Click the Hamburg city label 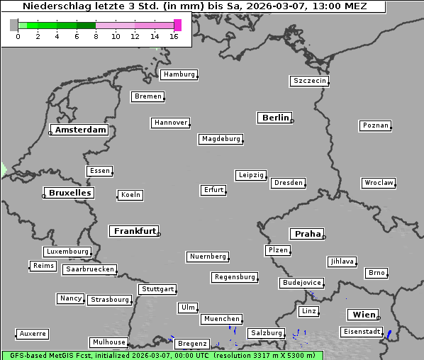(178, 74)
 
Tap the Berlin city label (275, 118)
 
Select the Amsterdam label (80, 130)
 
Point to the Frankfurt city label (135, 231)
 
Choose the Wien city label (362, 315)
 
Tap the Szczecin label (309, 81)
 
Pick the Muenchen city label (221, 319)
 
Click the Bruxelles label (69, 193)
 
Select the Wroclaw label (378, 183)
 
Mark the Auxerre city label (32, 333)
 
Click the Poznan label (375, 125)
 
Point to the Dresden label (289, 183)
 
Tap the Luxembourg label (67, 252)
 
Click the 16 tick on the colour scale (174, 36)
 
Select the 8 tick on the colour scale (96, 36)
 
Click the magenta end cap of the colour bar (177, 25)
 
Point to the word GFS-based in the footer (27, 355)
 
